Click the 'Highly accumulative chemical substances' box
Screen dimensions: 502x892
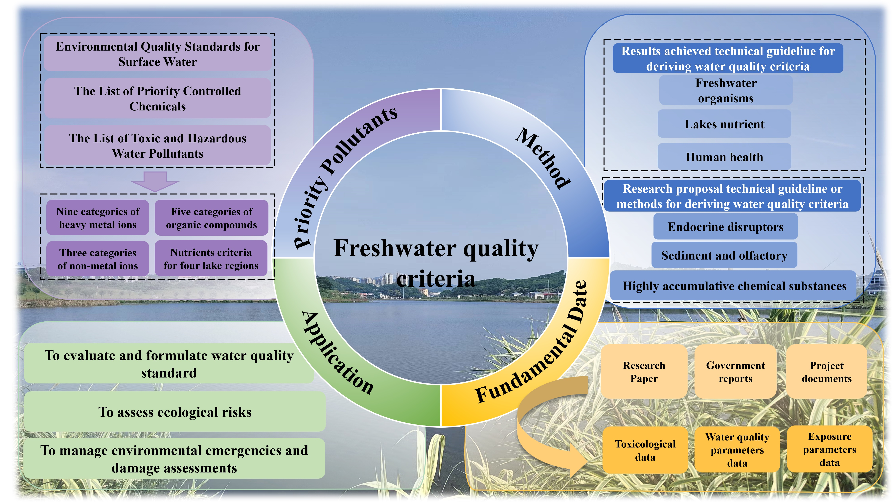(x=734, y=286)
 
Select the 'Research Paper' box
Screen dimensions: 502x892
(x=644, y=372)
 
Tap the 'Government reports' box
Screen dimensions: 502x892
(x=735, y=372)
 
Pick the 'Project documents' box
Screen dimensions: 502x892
(x=827, y=372)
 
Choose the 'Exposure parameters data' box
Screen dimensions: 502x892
(x=829, y=449)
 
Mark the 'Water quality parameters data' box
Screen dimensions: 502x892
(x=737, y=449)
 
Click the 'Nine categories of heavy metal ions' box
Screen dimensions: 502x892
(x=98, y=218)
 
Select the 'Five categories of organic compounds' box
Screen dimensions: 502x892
(x=211, y=218)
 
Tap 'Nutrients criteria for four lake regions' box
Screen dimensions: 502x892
(x=211, y=259)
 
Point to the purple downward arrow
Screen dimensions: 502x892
(x=155, y=181)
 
